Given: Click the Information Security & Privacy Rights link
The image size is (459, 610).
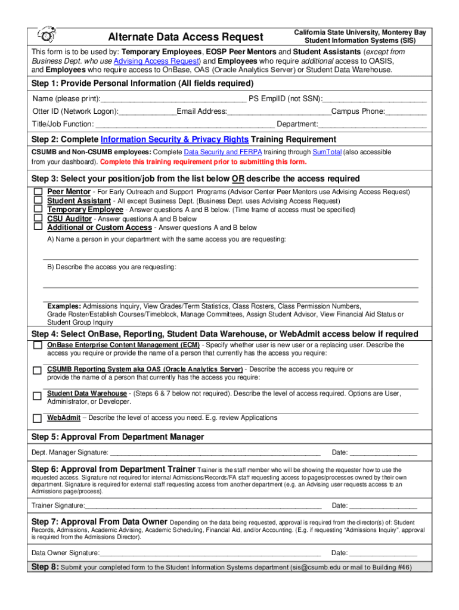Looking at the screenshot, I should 175,139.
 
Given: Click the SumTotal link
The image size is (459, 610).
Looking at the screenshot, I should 327,152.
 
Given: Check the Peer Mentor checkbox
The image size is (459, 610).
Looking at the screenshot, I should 38,192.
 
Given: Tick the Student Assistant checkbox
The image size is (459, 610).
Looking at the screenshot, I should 38,201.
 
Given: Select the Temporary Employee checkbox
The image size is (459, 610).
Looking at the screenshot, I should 38,210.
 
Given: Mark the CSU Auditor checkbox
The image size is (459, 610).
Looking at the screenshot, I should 38,218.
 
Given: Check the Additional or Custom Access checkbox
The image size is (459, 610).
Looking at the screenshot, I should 38,227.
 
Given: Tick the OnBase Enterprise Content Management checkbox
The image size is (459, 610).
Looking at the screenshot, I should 38,346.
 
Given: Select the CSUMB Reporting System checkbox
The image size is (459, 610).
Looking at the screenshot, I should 38,371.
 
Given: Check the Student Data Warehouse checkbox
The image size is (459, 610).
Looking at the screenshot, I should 38,396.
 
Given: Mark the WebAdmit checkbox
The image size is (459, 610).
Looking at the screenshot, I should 38,418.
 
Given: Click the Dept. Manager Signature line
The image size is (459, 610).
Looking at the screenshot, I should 215,453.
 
